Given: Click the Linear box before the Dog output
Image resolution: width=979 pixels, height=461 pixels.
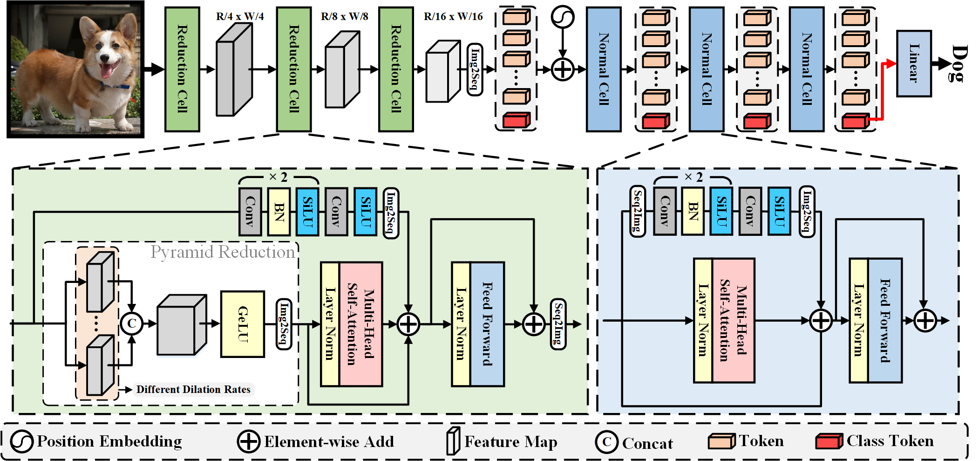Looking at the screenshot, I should point(914,63).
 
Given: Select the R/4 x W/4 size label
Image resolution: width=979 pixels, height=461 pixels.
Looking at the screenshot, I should point(240,17).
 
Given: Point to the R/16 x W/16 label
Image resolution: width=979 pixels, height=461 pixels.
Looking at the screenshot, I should point(453,17).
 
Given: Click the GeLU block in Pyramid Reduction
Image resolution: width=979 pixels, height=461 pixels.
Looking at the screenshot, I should point(243,324).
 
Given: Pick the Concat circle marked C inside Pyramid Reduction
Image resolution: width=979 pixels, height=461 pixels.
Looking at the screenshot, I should point(132,323).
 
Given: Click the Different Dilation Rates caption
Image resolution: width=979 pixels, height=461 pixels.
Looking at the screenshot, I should point(193,389).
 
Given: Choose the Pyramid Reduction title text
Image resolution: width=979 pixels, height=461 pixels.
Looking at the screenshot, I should point(223,252).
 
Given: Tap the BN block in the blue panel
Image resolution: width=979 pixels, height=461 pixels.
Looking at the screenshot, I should point(693,211).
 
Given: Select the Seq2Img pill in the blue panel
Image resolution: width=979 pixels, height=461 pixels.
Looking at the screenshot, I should point(637,212).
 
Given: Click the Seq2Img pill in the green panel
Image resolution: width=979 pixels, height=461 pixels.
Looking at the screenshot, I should point(558,324).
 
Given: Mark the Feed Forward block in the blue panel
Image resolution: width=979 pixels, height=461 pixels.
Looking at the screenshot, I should point(885,321).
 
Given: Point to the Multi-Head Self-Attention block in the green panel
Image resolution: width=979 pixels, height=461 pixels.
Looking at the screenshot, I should point(361,324).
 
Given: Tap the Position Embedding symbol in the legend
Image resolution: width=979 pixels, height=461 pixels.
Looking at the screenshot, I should point(21,441).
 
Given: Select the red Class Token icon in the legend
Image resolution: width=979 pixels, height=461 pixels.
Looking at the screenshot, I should point(829,441).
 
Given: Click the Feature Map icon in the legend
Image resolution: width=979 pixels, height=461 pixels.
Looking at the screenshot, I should point(453,441).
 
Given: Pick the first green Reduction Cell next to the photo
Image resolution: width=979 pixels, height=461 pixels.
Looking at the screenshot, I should point(182,69).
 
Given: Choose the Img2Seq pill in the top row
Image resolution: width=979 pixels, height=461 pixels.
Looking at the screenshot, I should point(475,69).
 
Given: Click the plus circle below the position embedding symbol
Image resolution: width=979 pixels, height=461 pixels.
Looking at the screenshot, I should point(563,69).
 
